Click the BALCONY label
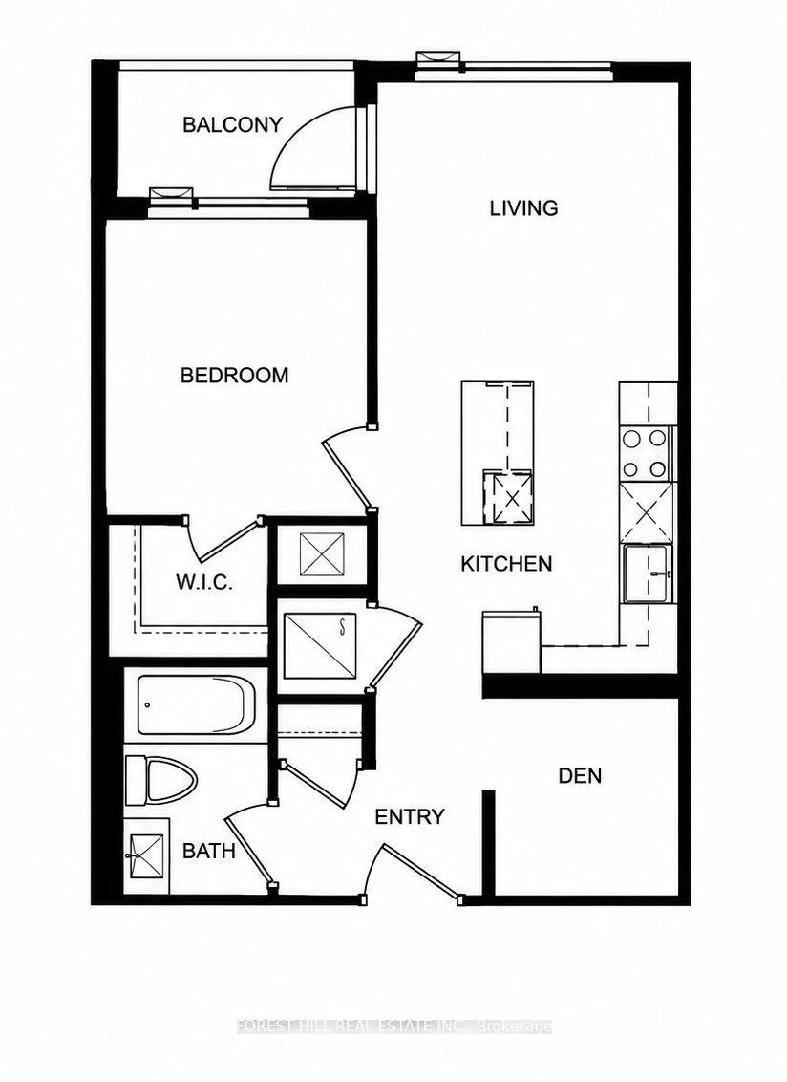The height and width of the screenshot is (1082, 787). click(x=232, y=125)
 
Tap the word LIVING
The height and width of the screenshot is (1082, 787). click(x=523, y=207)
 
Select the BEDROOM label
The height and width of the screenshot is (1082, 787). click(x=235, y=376)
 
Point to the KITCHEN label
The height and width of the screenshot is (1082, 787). click(x=506, y=564)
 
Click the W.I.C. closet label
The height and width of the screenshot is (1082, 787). click(x=203, y=582)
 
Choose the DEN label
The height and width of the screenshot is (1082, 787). click(x=580, y=775)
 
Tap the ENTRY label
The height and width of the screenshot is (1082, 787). click(x=409, y=817)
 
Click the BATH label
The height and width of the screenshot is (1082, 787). click(x=209, y=851)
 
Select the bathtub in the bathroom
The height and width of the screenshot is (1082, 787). click(x=196, y=704)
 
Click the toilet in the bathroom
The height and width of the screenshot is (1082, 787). click(x=160, y=781)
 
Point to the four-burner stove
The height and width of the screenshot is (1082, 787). click(x=645, y=453)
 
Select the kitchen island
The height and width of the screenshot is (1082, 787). click(x=498, y=453)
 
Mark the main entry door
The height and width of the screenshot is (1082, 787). click(x=414, y=870)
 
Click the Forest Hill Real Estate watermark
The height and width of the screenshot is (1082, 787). click(x=393, y=1027)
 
